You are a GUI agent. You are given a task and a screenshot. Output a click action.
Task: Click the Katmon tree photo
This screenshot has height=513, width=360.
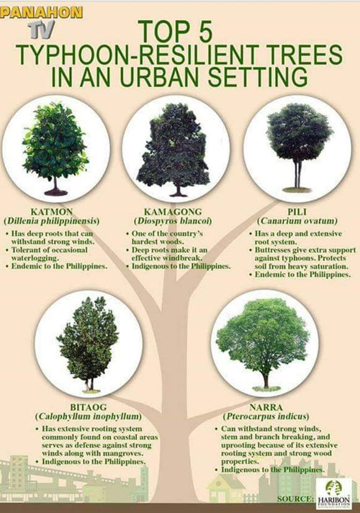55,148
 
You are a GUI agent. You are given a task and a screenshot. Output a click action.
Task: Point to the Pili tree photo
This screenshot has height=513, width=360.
297,147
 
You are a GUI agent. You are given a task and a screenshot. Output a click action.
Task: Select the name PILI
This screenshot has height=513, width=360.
297,211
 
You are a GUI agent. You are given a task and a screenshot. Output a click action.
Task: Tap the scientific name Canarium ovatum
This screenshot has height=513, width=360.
297,221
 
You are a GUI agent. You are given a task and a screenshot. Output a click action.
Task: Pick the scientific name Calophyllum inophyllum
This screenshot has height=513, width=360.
89,417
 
